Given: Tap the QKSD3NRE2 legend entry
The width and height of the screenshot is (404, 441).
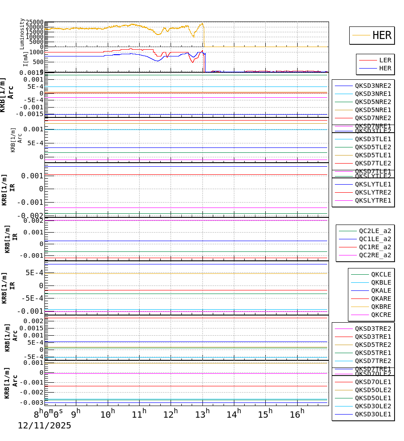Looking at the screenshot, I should coord(373,86).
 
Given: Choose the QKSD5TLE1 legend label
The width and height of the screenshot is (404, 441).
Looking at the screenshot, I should coord(373,155).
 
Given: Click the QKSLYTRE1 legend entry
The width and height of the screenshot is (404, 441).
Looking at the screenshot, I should coord(373,200).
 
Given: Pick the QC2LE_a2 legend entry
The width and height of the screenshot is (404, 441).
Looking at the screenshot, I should coord(374,231).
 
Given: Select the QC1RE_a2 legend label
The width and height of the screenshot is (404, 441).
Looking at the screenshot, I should coord(374,247).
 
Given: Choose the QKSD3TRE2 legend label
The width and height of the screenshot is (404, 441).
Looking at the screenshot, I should coord(373,329).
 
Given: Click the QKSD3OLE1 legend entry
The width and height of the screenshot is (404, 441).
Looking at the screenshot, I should coord(373,414).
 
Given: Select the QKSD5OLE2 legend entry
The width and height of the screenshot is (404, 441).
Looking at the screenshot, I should coord(373,390).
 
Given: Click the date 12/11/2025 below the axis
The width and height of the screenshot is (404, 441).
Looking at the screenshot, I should coord(44,426).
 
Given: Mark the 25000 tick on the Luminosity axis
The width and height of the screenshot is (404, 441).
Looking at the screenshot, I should coord(35,22).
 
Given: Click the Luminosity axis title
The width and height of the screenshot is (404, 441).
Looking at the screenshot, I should coord(22,34).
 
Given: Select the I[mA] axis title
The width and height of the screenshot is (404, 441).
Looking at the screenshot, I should coord(26,58).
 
